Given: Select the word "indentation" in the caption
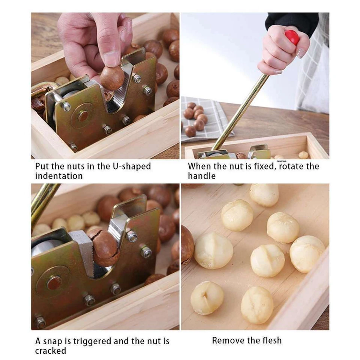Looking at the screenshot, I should pos(59,176).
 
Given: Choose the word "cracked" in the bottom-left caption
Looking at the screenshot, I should pos(51,351).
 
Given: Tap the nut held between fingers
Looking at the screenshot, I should pos(112,78).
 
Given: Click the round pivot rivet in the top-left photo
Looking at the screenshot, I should pos(83,116).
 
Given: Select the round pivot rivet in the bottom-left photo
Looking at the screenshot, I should pos(54,283).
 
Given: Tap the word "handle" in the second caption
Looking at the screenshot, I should pos(202,176).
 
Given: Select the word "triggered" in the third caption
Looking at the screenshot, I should pos(91,341).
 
